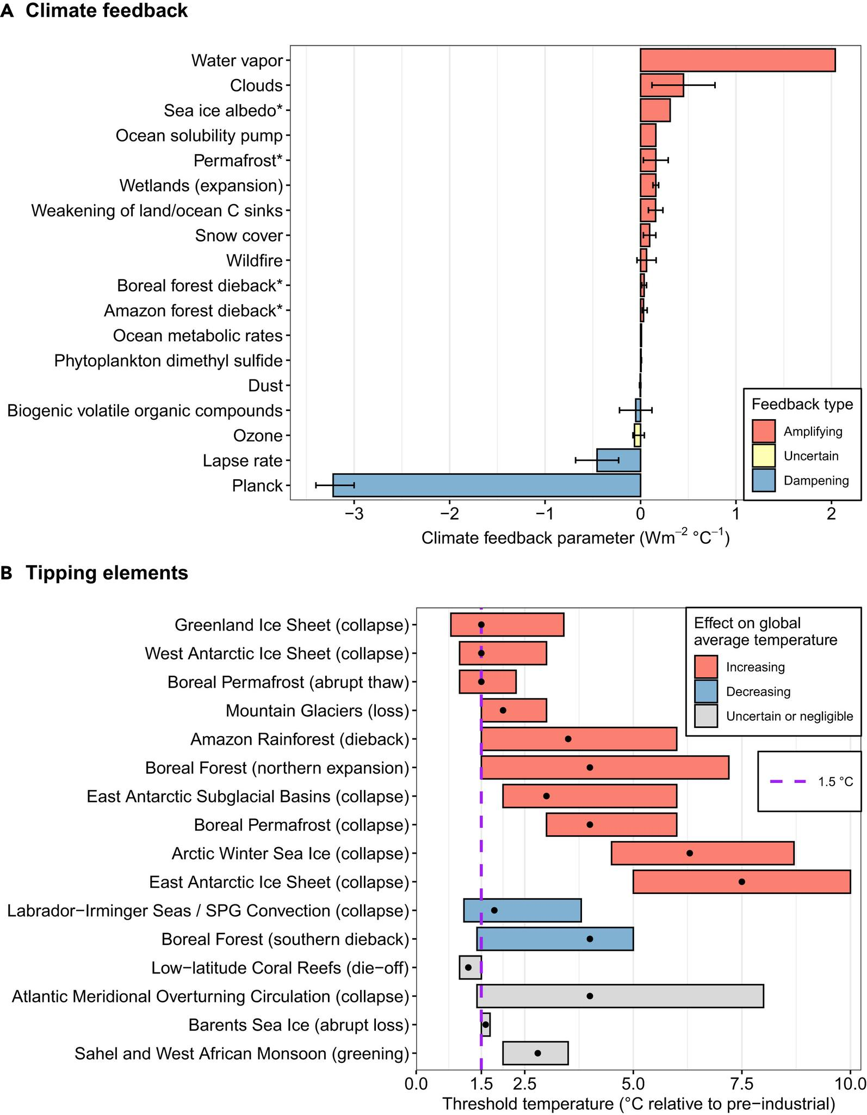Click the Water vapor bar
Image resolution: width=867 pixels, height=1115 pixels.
point(737,60)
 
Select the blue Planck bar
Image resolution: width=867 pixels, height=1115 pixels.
point(486,485)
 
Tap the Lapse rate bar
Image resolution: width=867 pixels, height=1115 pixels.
point(618,460)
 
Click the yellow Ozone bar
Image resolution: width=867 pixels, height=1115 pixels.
point(637,436)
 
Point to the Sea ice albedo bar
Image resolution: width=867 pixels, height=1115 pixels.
point(655,110)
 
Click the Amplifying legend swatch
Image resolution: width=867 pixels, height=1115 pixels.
point(764,431)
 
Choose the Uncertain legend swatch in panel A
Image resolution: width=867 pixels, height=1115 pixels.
point(764,456)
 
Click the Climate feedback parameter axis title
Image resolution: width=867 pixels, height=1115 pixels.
point(575,538)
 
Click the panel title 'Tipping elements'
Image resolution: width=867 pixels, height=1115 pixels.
point(107,573)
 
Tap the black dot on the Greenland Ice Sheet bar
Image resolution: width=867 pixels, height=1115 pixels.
point(481,624)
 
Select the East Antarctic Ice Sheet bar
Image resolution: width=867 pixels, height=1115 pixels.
point(741,881)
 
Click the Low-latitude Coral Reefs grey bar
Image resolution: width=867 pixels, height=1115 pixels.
point(470,967)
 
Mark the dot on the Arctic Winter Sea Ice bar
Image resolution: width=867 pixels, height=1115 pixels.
point(690,853)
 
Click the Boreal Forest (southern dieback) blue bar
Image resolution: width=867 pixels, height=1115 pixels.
point(555,939)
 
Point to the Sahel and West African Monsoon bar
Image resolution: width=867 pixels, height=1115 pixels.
point(535,1053)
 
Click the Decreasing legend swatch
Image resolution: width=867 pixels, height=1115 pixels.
point(706,691)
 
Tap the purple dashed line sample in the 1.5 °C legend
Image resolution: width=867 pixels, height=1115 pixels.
point(788,782)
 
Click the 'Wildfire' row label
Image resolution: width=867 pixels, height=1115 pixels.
point(255,261)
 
